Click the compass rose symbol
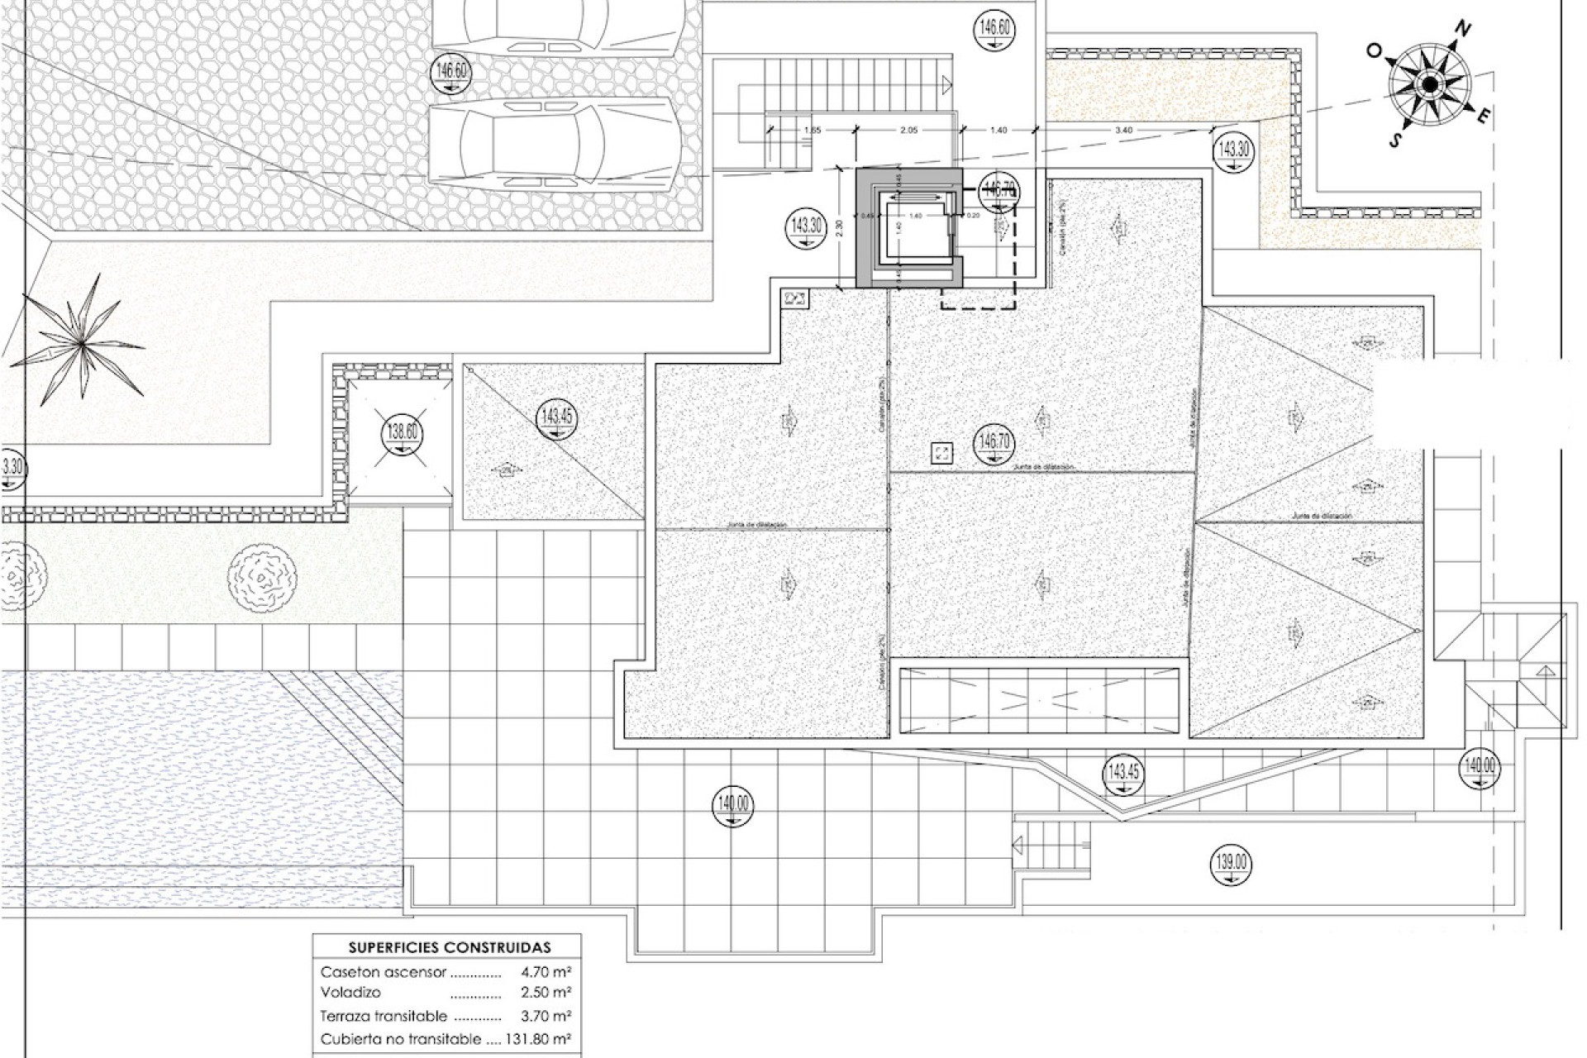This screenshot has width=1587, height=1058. pyautogui.click(x=1428, y=84)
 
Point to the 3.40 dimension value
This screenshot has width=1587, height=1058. pyautogui.click(x=1123, y=130)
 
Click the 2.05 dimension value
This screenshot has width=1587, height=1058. pyautogui.click(x=908, y=130)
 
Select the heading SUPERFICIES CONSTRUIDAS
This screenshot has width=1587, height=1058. pyautogui.click(x=449, y=947)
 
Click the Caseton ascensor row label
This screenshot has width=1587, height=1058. pyautogui.click(x=384, y=972)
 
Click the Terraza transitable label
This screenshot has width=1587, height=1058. pyautogui.click(x=384, y=1016)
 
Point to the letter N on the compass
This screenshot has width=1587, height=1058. pyautogui.click(x=1463, y=31)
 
